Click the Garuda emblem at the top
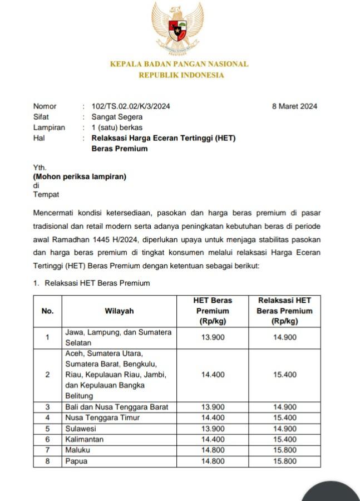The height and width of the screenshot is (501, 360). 179,29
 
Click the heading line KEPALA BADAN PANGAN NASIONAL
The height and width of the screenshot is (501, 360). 179,64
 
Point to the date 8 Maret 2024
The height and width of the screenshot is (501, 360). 294,106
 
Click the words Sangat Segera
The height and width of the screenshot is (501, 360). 117,117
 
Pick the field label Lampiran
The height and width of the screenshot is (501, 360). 49,127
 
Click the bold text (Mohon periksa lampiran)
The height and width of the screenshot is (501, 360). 80,177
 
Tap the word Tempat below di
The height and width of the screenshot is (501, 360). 46,194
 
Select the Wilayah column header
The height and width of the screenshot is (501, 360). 119,311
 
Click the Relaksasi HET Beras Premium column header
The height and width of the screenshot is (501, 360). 284,311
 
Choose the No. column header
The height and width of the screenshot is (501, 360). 48,311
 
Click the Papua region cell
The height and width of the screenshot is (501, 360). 76,461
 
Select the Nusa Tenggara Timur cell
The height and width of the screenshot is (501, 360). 102,417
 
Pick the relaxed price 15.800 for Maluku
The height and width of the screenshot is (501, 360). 284,450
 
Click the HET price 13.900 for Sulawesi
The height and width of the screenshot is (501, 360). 213,429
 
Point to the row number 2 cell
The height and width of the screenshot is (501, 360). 48,375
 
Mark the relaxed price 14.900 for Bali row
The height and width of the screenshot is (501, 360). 284,407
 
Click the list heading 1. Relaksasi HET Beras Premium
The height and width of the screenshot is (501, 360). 92,283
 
